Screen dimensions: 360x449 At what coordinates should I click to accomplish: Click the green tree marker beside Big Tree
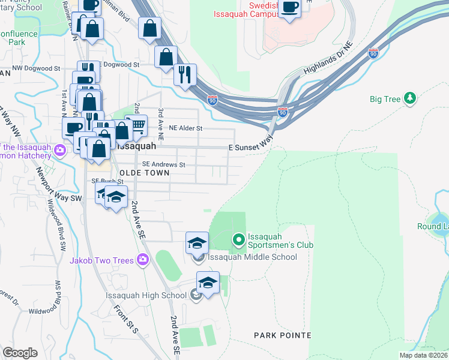[410, 98]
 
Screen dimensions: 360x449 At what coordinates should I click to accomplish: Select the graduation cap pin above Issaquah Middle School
[197, 242]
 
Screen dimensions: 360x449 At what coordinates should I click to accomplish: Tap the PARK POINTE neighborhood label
[282, 335]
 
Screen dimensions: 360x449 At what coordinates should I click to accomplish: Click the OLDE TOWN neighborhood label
[144, 172]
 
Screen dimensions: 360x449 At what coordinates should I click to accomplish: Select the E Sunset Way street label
[250, 146]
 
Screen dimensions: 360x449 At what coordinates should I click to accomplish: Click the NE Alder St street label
[186, 128]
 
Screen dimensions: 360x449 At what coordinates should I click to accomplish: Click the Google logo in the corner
[20, 352]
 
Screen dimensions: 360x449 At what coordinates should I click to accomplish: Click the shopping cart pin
[137, 125]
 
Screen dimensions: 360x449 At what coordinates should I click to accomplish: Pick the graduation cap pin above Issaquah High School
[208, 282]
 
